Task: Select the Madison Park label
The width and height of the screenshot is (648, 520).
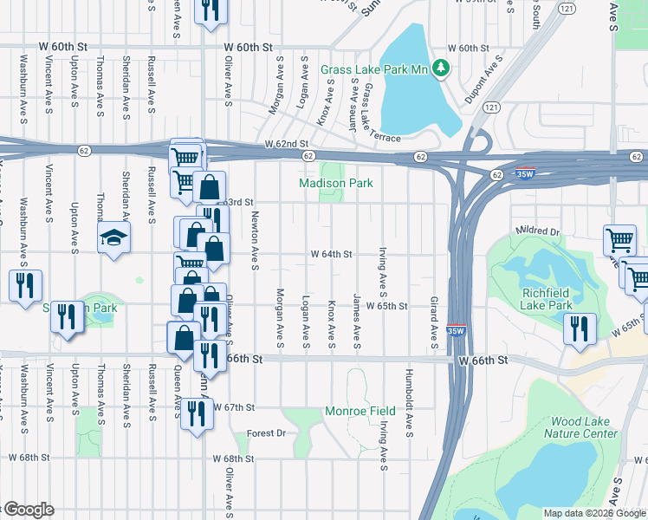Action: [335, 184]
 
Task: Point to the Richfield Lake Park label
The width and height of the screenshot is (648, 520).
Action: [547, 298]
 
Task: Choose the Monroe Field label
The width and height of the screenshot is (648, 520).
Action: [360, 411]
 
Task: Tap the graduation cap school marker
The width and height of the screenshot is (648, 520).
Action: [113, 238]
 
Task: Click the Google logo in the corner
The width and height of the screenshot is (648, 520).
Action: [28, 510]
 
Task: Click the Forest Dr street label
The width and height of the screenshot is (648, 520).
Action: [265, 433]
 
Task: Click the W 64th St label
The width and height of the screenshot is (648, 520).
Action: [333, 254]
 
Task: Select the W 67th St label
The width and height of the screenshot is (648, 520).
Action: [235, 406]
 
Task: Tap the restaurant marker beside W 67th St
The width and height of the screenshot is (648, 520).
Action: [196, 411]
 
